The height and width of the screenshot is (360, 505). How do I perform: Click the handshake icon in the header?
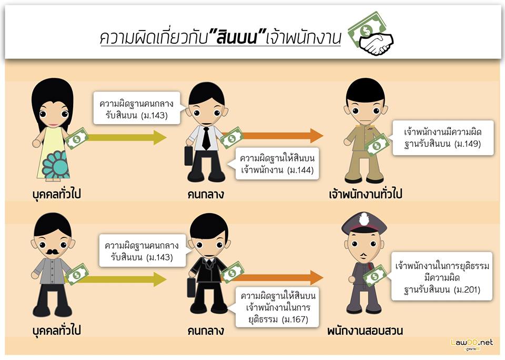click(377, 43)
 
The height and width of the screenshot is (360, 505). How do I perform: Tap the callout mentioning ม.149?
click(443, 138)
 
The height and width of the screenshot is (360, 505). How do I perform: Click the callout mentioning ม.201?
click(441, 277)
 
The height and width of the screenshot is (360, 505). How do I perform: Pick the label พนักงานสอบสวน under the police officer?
click(365, 332)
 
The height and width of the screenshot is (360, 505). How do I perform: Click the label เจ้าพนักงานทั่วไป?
click(366, 194)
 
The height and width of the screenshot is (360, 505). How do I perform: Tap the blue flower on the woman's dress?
click(55, 164)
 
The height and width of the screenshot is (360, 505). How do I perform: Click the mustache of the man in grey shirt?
click(52, 252)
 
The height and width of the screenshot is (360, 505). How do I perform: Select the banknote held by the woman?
click(77, 138)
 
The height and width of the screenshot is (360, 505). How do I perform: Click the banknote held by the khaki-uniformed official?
click(377, 145)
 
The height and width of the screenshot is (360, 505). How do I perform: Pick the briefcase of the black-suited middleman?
click(191, 287)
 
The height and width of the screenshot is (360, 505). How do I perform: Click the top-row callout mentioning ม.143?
click(137, 108)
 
